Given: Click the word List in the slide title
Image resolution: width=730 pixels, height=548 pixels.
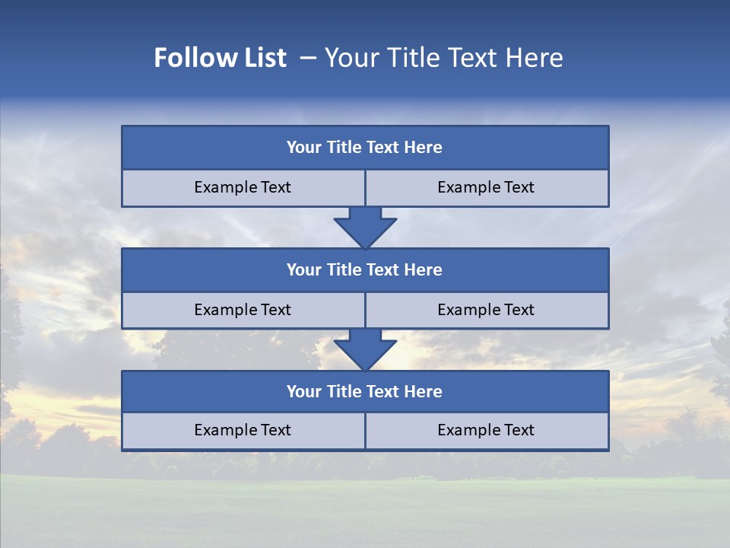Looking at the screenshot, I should pyautogui.click(x=259, y=58).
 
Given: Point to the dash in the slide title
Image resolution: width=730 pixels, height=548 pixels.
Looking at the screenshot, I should pyautogui.click(x=307, y=58).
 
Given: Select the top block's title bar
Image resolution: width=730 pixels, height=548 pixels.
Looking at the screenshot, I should pyautogui.click(x=365, y=148).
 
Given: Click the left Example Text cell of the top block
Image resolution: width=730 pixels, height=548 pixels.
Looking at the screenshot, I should pyautogui.click(x=243, y=187).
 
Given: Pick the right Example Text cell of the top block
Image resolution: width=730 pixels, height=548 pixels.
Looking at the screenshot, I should pyautogui.click(x=486, y=187).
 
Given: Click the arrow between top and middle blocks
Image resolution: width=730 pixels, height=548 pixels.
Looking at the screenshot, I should pyautogui.click(x=365, y=227).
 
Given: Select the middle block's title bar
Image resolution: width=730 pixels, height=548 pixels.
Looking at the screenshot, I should pyautogui.click(x=365, y=269).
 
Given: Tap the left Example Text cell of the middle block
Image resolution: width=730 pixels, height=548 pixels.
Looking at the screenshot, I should pyautogui.click(x=243, y=310).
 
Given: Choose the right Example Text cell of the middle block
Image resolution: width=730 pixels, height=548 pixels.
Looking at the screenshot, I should pyautogui.click(x=486, y=310).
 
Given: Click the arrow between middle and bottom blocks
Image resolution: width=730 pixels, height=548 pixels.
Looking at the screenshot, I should pyautogui.click(x=365, y=349).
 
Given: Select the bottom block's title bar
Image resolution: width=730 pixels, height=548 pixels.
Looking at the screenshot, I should pyautogui.click(x=365, y=391).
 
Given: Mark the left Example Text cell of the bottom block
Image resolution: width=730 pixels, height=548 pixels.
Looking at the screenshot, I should pyautogui.click(x=243, y=430).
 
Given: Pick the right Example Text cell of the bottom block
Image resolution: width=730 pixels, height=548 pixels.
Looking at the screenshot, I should pyautogui.click(x=486, y=430).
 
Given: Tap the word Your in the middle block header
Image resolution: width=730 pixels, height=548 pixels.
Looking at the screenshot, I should pyautogui.click(x=303, y=269).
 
